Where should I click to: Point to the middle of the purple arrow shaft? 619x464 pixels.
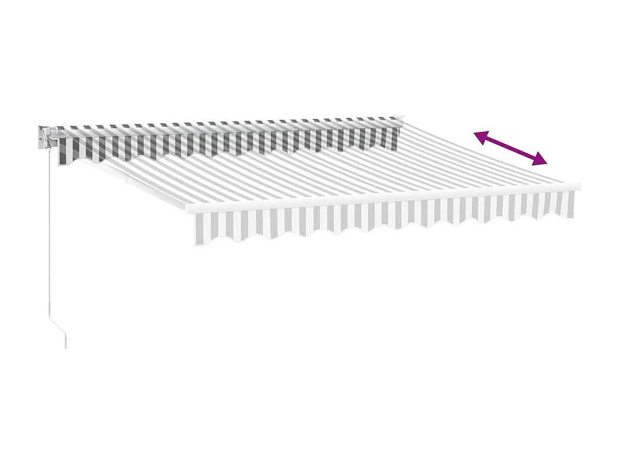pos(510,149)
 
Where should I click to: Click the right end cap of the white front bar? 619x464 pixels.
pos(576,186)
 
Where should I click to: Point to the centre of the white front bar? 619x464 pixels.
pos(384,197)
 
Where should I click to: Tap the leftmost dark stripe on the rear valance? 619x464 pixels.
pos(61,146)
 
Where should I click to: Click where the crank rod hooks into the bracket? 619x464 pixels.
pos(50,145)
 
